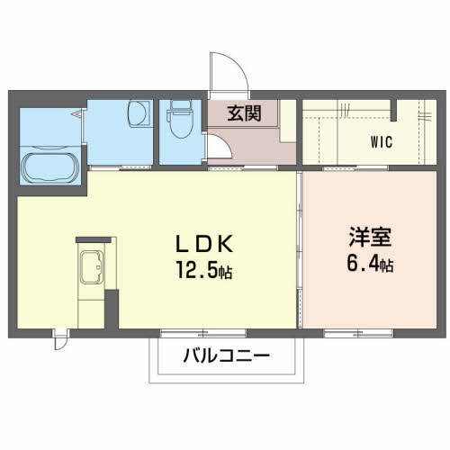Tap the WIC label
[x=382, y=141]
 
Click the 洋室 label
[x=371, y=240]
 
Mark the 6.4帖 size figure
[x=371, y=265]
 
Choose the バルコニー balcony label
[x=227, y=355]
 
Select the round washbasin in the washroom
[x=138, y=114]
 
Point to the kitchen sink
[x=92, y=268]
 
